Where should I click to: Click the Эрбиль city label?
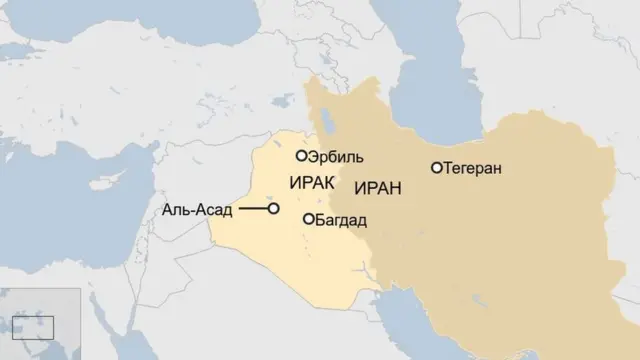[337, 158]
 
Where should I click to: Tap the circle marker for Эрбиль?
[301, 156]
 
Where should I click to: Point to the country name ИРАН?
[371, 187]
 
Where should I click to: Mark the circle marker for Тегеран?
[436, 168]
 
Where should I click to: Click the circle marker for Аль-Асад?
[273, 209]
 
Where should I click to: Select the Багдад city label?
[341, 220]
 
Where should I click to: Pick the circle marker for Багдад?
[308, 219]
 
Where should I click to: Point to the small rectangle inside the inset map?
[39, 326]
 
